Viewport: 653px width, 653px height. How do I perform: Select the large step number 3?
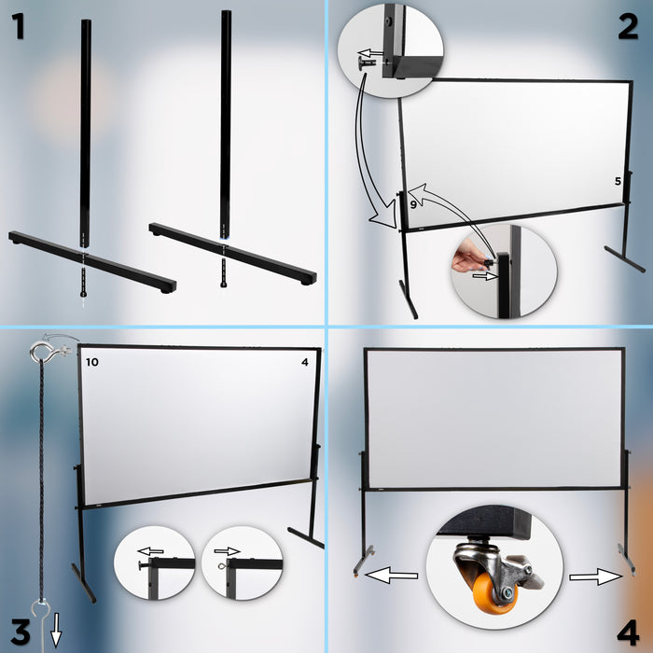tap(19, 631)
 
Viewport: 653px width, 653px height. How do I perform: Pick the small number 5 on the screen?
tap(618, 181)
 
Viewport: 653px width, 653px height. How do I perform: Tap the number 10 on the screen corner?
tap(90, 361)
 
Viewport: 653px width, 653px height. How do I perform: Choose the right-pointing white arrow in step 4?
tap(596, 578)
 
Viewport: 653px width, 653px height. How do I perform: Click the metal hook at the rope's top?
tap(42, 352)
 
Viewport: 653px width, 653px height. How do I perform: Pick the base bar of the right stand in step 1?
tap(232, 253)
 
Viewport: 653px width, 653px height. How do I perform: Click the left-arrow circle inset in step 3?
tap(153, 565)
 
